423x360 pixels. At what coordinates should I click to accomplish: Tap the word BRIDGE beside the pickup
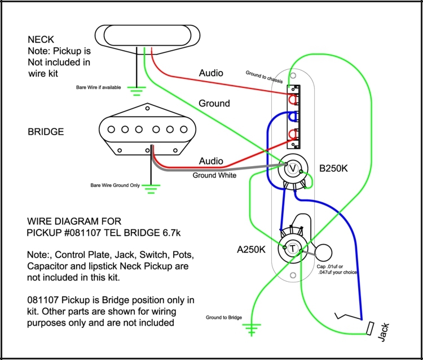pyautogui.click(x=46, y=132)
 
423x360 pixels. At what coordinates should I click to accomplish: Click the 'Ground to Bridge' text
pyautogui.click(x=224, y=318)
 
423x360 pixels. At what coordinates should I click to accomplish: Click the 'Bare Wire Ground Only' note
pyautogui.click(x=115, y=185)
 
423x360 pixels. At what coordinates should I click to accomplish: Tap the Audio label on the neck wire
pyautogui.click(x=211, y=73)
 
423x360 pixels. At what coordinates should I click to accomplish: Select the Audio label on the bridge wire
pyautogui.click(x=211, y=161)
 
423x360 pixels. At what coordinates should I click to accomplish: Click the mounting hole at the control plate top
pyautogui.click(x=293, y=75)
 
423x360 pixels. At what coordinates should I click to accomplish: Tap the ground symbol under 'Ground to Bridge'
pyautogui.click(x=252, y=327)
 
